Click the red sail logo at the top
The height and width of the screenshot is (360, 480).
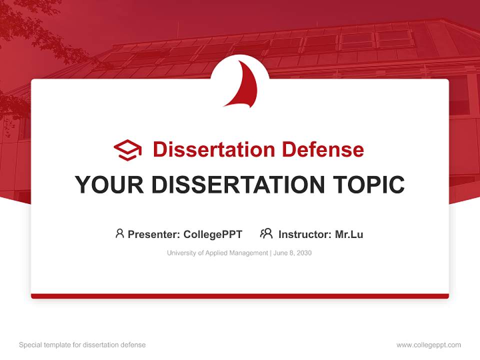point(243,85)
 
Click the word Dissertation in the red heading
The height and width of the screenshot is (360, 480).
point(213,149)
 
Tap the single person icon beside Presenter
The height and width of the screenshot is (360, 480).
point(119,233)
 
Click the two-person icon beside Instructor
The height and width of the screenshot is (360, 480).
point(266,233)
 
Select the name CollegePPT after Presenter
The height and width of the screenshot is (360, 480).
point(212,234)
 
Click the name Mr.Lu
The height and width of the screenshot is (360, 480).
point(349,234)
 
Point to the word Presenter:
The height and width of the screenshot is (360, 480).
point(154,234)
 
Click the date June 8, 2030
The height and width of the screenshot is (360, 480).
point(292,253)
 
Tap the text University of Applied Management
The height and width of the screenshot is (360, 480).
point(217,253)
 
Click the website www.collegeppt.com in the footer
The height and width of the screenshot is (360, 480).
point(428,345)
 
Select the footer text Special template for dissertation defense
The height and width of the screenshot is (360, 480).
point(82,345)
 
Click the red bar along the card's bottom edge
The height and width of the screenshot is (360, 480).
point(240,296)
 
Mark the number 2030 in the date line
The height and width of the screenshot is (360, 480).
point(304,253)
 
